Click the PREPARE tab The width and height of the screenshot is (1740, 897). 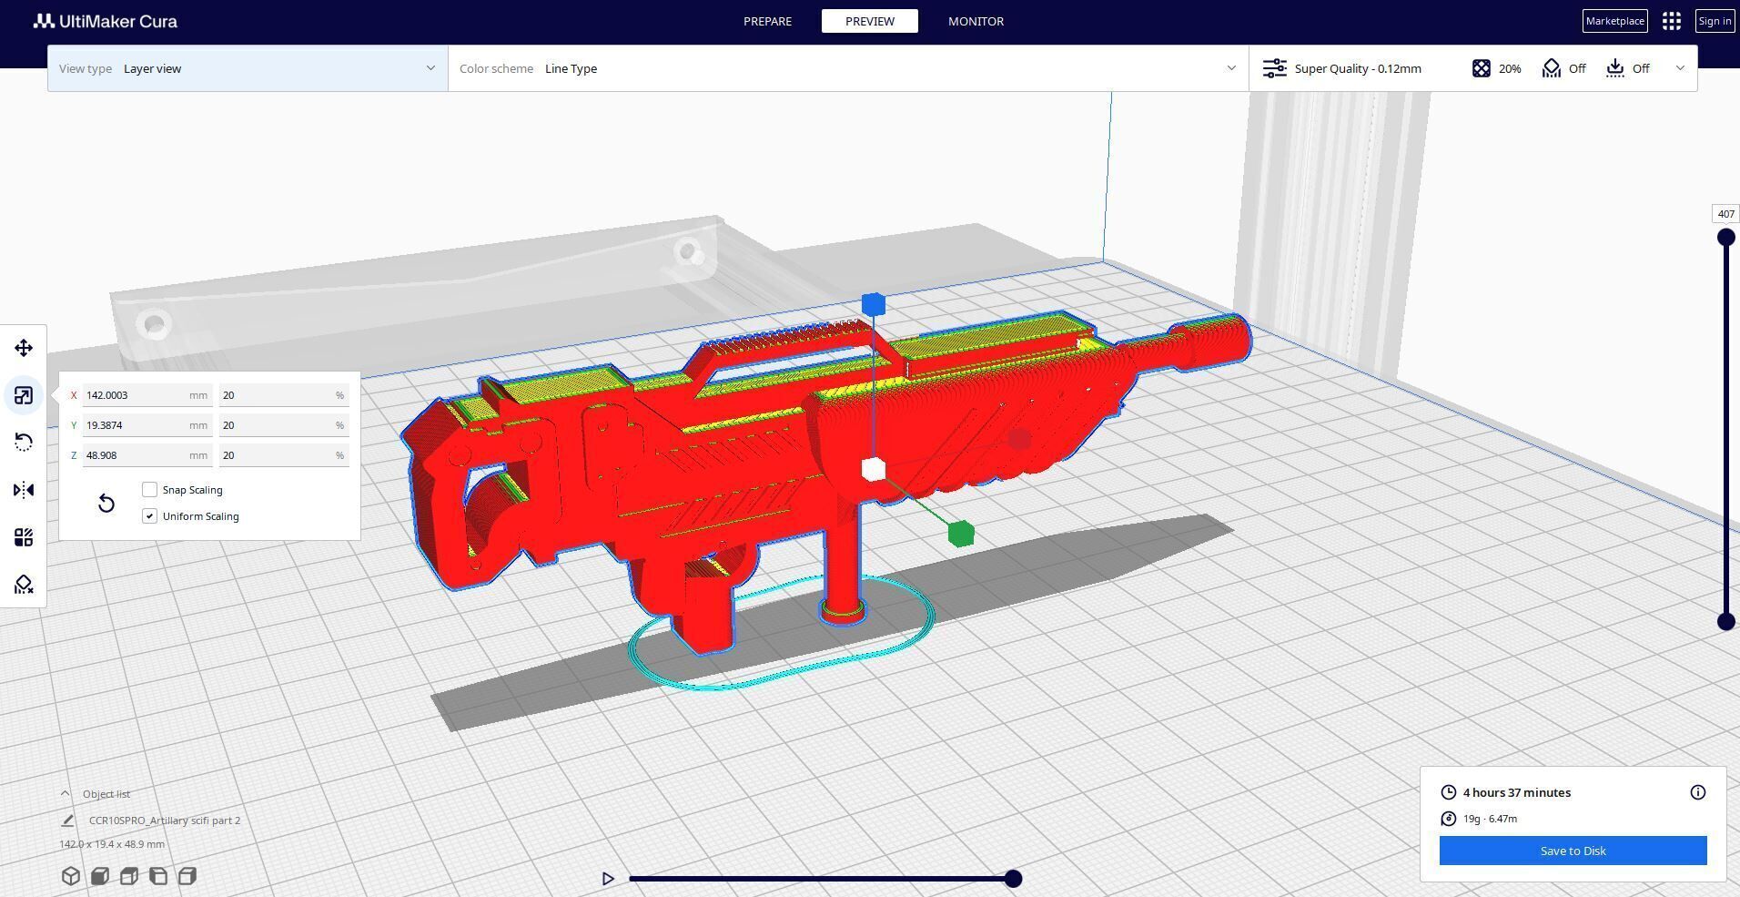point(767,21)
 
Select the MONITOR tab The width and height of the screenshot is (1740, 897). point(976,21)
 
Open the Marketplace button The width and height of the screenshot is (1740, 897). point(1614,21)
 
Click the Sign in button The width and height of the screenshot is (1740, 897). point(1715,21)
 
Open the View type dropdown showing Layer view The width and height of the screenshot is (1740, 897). point(248,68)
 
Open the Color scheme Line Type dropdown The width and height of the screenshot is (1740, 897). point(847,68)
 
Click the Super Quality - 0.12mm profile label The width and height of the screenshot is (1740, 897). point(1357,68)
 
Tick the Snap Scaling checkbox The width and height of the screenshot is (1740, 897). point(150,490)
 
